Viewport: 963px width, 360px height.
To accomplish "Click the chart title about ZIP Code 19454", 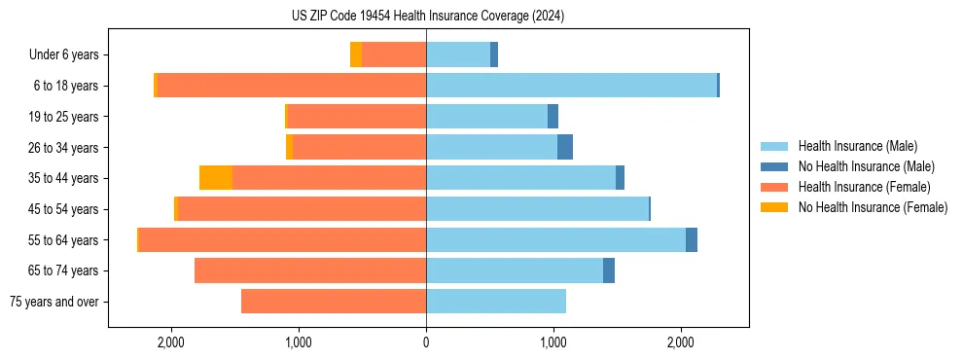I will (x=427, y=17).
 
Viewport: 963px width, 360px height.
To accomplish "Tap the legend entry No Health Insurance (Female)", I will (x=873, y=207).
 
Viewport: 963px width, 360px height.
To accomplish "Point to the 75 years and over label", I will (x=53, y=302).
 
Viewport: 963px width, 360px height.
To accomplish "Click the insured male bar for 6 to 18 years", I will (x=571, y=86).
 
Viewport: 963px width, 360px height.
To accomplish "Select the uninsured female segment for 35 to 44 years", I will (x=216, y=178).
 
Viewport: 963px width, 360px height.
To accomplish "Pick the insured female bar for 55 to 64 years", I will (x=282, y=239).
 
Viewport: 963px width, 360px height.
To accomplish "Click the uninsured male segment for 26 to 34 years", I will (x=565, y=147).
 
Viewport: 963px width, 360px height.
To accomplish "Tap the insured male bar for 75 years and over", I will (x=496, y=302).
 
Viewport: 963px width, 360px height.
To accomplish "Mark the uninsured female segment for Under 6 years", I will (x=356, y=54).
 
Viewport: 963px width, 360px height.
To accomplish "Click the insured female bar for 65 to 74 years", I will (x=310, y=270).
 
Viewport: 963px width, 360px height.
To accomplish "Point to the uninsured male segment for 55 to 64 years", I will (x=692, y=239).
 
